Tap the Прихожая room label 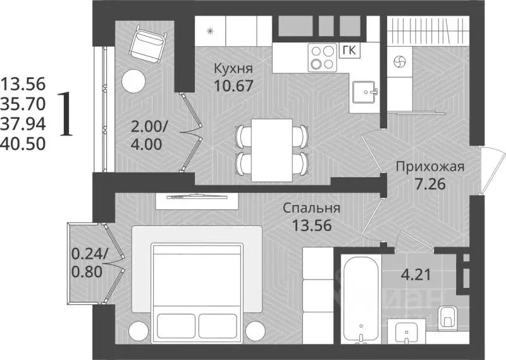pos(430,167)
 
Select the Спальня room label pos(312,208)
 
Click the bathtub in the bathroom pos(361,297)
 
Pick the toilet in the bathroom pos(448,314)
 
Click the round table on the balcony pos(134,80)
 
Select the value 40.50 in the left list pos(23,144)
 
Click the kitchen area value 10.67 pos(233,85)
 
